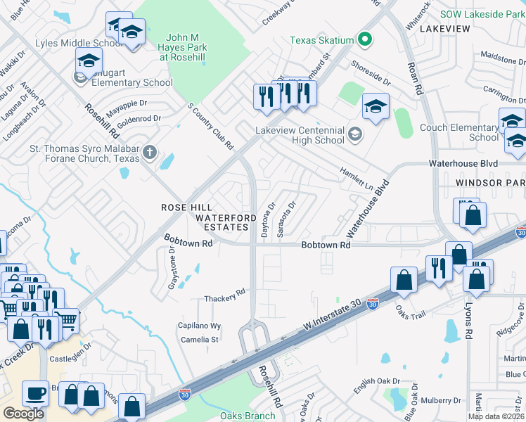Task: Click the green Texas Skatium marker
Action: [364, 40]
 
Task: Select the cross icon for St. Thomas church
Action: [149, 152]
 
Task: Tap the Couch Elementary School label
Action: [458, 132]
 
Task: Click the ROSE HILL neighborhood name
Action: [186, 207]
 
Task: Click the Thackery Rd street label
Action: [224, 299]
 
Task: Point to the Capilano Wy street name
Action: [199, 326]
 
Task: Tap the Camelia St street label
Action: [200, 340]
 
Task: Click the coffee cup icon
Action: [34, 392]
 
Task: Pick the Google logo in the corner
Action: [23, 414]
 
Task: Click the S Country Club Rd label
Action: [210, 127]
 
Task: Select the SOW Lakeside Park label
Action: [482, 13]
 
